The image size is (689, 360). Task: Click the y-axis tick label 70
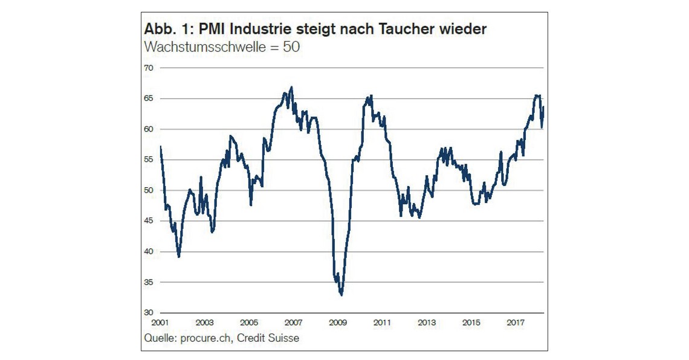149,68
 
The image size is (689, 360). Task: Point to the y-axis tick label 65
149,98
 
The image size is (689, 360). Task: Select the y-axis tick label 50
149,190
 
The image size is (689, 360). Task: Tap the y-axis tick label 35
149,282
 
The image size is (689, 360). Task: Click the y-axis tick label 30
149,313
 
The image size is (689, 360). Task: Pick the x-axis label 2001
160,323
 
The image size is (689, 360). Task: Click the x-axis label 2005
249,323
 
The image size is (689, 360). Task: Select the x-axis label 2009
338,323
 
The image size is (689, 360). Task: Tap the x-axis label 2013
427,323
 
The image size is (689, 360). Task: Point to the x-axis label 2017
516,323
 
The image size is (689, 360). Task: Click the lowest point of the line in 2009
341,295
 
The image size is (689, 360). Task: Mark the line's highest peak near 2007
292,87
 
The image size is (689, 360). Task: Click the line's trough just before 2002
179,257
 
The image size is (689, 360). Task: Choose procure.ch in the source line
206,338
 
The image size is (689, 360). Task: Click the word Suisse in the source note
283,338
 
